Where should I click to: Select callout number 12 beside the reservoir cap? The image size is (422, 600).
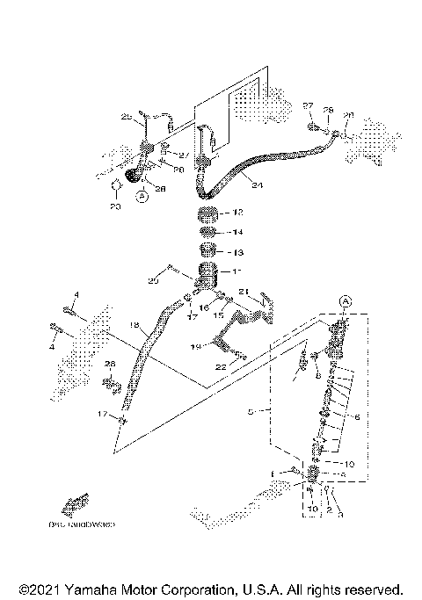236,213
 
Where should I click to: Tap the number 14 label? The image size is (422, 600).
236,233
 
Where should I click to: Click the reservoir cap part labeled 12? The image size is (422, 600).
208,215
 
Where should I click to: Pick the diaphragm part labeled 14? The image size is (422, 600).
209,233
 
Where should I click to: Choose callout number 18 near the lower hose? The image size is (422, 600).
135,325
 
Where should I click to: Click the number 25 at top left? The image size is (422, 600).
127,116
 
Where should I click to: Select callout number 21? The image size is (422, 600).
245,292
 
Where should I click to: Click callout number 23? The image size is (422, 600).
114,206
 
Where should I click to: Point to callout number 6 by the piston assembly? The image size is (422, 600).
357,419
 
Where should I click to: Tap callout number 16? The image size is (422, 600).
204,307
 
